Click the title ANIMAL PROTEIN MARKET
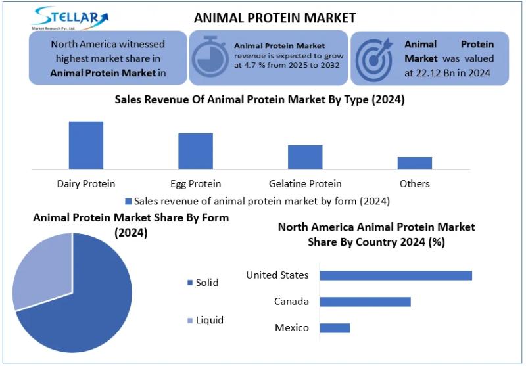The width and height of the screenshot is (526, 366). [x=275, y=18]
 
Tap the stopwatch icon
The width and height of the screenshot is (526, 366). [x=209, y=57]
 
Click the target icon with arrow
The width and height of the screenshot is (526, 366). [x=374, y=57]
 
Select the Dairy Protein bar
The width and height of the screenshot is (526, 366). [x=86, y=145]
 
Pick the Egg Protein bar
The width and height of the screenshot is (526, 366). [x=195, y=150]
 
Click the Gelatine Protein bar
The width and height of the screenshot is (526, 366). [x=305, y=156]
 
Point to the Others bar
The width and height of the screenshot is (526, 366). [x=414, y=162]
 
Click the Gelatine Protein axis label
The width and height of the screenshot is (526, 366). [x=305, y=183]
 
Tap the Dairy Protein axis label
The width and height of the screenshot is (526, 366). [x=86, y=183]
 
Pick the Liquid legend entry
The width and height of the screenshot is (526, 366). [x=205, y=320]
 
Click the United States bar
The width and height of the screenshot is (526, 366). [x=396, y=275]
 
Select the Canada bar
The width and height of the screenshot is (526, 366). [x=365, y=302]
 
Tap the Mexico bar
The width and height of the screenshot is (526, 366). [x=335, y=327]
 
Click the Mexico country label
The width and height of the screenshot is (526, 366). [x=291, y=327]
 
